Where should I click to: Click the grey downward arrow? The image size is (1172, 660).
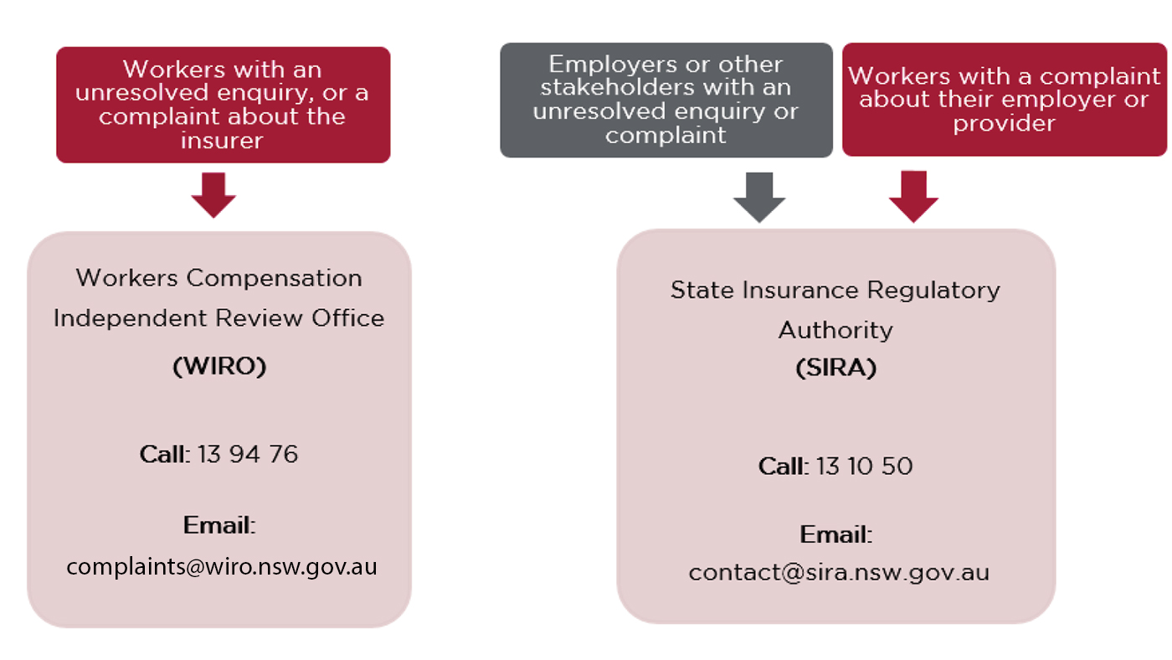click(759, 198)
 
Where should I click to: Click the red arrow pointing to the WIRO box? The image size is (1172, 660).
click(213, 194)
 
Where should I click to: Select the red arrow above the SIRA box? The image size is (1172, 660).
click(913, 196)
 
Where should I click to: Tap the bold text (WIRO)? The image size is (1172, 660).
click(219, 366)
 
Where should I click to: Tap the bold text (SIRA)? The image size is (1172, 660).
click(835, 368)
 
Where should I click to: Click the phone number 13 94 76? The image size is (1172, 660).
click(248, 454)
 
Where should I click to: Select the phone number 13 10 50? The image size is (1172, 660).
click(864, 466)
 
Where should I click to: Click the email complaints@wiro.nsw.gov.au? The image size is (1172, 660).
click(222, 567)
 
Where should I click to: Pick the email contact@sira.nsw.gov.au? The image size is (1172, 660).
click(839, 573)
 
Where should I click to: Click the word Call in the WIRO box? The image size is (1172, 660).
click(162, 454)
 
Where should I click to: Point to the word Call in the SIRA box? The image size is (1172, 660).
click(782, 466)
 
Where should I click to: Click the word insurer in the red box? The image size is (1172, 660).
click(222, 140)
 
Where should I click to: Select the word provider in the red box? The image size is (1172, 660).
click(1004, 123)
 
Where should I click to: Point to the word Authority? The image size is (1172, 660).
click(835, 331)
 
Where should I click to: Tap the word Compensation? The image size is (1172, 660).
click(275, 278)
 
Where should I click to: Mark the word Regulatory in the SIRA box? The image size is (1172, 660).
click(933, 291)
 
